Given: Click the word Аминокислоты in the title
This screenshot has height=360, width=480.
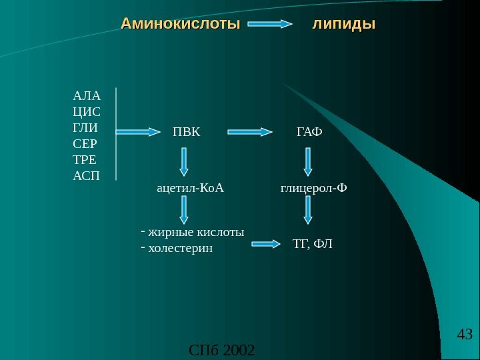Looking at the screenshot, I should (x=180, y=25).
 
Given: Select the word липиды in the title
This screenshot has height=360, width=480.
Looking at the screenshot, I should (x=344, y=25).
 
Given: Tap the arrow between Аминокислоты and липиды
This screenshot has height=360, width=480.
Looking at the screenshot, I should (x=270, y=25).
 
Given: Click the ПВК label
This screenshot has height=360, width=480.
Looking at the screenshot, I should (x=186, y=131).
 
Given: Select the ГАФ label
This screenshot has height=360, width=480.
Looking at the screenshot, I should (x=309, y=131).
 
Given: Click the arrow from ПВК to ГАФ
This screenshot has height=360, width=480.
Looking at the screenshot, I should (x=251, y=132).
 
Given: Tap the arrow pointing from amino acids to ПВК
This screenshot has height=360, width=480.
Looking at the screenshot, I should (x=141, y=132).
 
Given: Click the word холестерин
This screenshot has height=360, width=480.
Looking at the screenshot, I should (x=180, y=248).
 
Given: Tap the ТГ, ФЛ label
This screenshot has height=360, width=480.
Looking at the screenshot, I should (x=312, y=244).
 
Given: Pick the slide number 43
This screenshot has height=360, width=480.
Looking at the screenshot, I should (x=465, y=333).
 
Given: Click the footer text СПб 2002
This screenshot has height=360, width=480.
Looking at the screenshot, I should (x=222, y=349).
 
